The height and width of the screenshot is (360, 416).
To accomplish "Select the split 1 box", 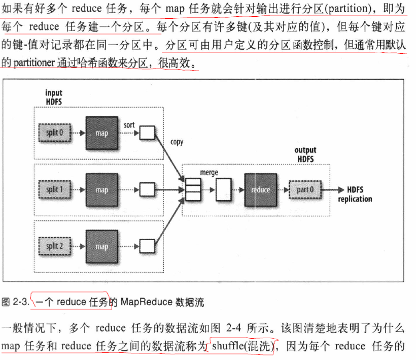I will click(x=54, y=190).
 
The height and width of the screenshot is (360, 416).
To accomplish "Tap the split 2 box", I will click(x=54, y=246).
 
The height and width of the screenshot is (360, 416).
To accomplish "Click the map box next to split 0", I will click(x=101, y=133).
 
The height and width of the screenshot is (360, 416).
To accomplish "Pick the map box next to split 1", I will click(x=101, y=190).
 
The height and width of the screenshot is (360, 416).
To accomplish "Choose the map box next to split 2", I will click(x=101, y=246).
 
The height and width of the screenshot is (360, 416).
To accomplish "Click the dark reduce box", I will click(x=260, y=190).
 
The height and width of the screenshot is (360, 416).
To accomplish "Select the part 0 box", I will click(x=305, y=190).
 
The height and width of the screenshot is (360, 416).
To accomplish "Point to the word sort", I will click(x=129, y=124).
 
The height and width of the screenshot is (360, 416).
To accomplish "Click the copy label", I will click(x=177, y=142).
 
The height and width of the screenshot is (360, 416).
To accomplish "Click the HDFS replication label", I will click(x=355, y=194).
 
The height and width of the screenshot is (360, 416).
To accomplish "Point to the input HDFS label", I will click(x=54, y=97).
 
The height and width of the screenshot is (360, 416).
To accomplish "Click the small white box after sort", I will click(x=147, y=133).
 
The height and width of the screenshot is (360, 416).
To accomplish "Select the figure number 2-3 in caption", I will click(x=21, y=302).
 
